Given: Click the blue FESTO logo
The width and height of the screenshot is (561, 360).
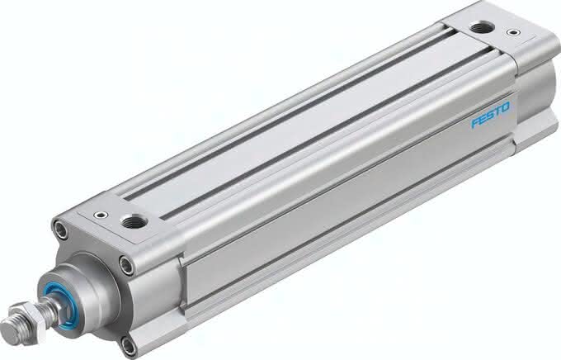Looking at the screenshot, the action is [491, 114].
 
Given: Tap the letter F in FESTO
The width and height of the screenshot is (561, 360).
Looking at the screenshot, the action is [475, 122].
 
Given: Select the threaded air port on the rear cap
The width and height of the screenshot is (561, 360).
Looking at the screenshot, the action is [482, 27].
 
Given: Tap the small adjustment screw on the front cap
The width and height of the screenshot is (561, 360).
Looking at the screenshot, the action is [101, 215].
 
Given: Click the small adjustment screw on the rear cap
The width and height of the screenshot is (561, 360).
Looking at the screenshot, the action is [513, 32].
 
